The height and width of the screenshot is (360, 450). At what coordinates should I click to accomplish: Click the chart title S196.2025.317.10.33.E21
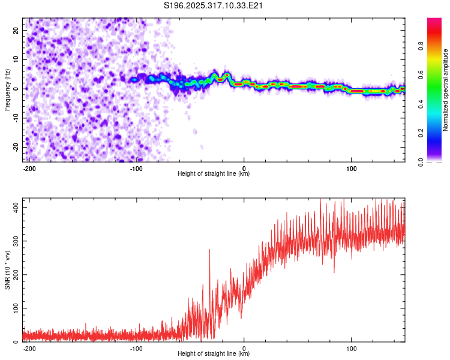tap(214, 5)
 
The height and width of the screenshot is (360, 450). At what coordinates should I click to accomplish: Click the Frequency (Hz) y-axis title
tap(8, 89)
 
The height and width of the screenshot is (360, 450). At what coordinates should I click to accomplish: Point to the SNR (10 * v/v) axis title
tap(8, 270)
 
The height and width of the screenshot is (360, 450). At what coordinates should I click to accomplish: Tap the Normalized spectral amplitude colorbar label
tap(445, 90)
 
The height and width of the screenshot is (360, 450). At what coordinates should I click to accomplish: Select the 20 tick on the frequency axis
tap(16, 30)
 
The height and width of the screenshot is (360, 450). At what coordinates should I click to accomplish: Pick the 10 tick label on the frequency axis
tap(16, 59)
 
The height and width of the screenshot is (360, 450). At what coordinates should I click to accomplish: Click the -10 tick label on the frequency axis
tap(14, 118)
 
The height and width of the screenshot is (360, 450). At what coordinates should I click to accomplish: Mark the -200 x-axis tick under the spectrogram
tap(28, 168)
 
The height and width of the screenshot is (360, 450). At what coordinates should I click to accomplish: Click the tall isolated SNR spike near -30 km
tap(209, 251)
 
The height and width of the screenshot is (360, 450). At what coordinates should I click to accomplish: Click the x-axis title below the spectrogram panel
tap(214, 174)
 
